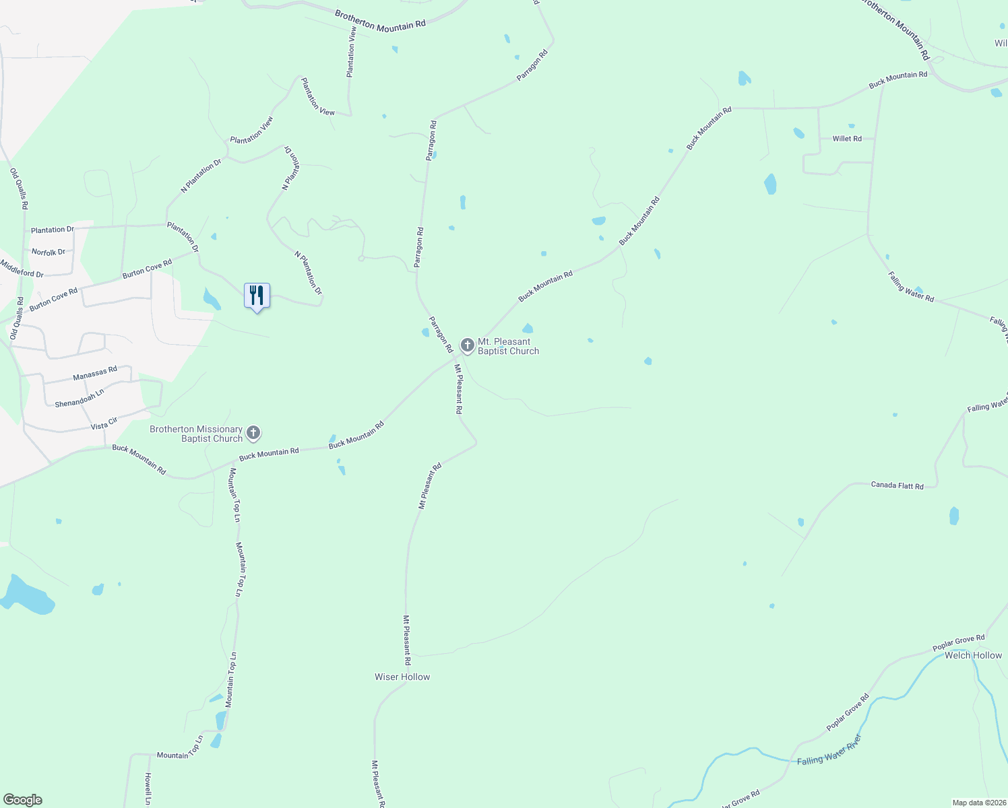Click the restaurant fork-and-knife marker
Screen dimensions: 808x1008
coord(257,296)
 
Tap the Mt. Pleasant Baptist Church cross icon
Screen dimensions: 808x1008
coord(467,345)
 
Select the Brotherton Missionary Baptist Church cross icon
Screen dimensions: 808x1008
coord(253,433)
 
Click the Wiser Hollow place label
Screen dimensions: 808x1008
coord(402,677)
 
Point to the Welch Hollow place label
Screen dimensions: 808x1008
coord(973,655)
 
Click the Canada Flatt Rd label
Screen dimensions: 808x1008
coord(897,485)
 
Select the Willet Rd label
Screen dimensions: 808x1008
coord(847,139)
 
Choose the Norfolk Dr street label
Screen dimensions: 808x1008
coord(49,252)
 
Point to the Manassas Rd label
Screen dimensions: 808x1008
coord(95,373)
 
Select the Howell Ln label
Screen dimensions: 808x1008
coord(148,788)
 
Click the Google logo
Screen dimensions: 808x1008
coord(23,800)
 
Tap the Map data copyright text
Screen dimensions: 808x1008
coord(978,803)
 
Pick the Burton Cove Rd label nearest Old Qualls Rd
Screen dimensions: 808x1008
coord(53,300)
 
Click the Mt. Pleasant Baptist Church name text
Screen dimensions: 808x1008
coord(508,346)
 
